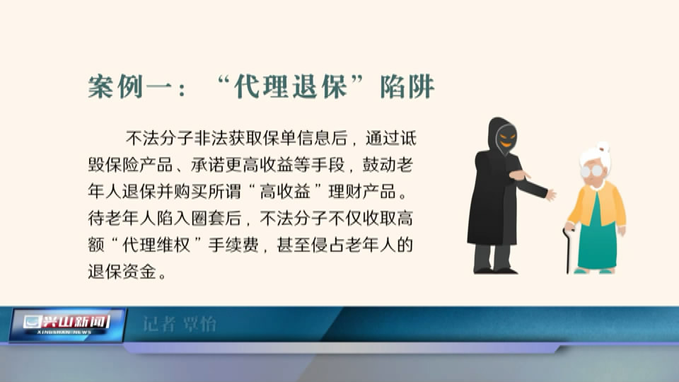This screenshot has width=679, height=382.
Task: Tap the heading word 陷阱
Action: point(407,86)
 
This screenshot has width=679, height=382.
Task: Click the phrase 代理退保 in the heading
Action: point(291,86)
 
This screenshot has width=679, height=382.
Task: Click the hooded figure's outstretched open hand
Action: point(550,195)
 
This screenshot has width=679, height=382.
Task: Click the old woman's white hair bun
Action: point(603,147)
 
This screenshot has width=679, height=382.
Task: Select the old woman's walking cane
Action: point(567,250)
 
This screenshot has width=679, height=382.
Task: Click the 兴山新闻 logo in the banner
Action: point(66,325)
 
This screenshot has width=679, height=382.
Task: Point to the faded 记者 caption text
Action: point(159,324)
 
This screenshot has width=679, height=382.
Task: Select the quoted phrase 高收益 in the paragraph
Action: point(284,192)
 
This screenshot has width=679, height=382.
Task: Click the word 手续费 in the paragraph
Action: point(233,245)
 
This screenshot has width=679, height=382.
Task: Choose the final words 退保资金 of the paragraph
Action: point(122,272)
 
